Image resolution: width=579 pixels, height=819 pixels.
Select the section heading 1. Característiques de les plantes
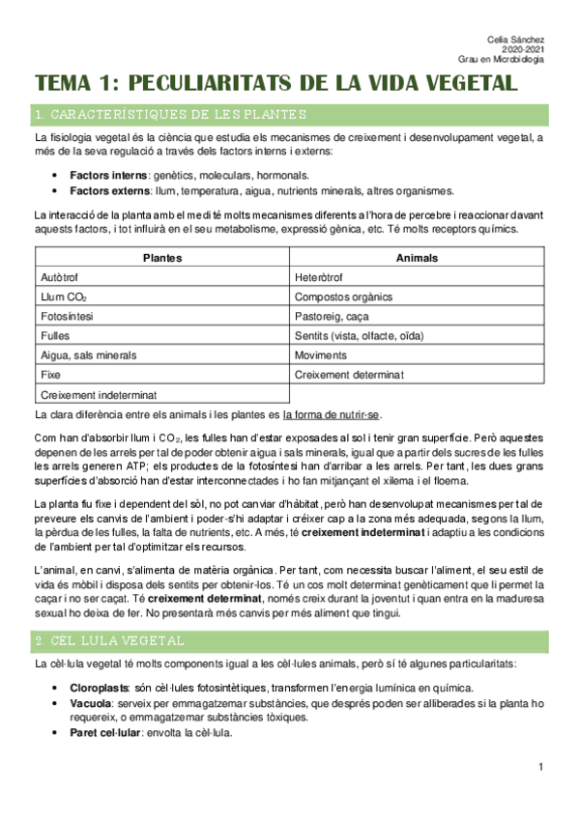(169, 116)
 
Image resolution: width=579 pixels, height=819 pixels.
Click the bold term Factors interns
(106, 175)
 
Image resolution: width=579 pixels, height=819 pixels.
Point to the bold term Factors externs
(108, 190)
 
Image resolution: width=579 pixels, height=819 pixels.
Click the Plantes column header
(162, 258)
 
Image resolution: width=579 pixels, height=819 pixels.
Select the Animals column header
(417, 258)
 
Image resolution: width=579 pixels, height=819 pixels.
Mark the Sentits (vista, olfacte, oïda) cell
(358, 335)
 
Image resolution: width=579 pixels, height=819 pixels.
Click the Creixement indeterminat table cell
(100, 394)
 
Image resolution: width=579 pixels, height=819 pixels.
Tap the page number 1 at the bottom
(542, 766)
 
